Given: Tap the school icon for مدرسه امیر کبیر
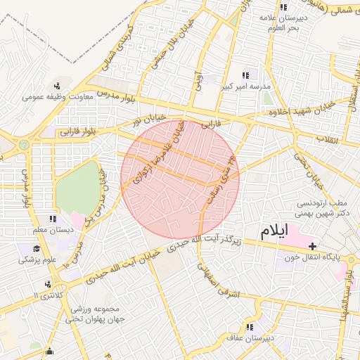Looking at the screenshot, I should (x=245, y=75).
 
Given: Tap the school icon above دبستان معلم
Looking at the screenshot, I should (x=53, y=219).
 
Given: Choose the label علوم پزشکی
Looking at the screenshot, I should (x=38, y=260).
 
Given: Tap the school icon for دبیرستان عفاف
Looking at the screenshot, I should (x=249, y=327).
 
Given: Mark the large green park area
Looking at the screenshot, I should (x=77, y=188).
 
